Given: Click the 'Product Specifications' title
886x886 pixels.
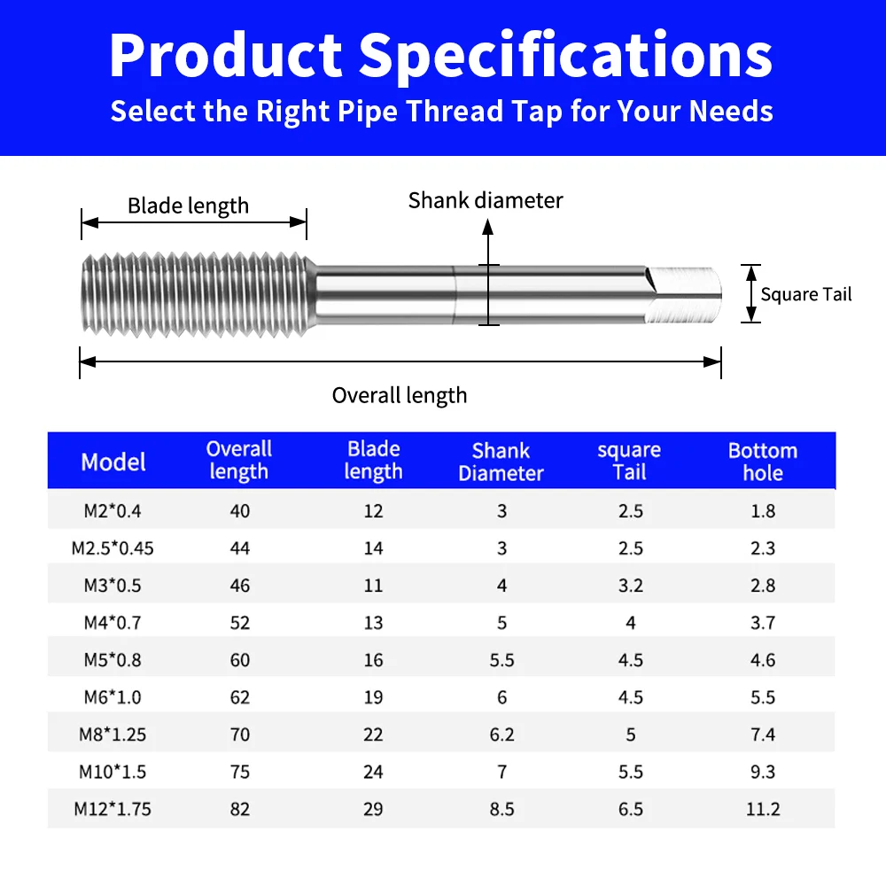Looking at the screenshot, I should tap(440, 54).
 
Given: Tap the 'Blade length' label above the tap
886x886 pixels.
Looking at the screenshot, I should tap(188, 206).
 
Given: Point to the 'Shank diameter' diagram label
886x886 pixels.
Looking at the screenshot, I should tap(486, 200).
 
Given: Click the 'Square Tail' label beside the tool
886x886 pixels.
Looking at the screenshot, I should tap(805, 294).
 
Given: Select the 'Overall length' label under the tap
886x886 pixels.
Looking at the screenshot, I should tap(400, 395).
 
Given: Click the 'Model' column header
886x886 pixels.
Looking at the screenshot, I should tap(113, 462).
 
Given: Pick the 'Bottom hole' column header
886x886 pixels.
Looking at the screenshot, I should tap(762, 462).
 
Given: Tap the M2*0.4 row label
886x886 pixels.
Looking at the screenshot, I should tap(113, 510).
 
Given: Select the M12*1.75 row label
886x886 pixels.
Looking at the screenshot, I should tap(113, 809).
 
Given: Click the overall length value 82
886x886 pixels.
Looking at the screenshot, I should tap(239, 809).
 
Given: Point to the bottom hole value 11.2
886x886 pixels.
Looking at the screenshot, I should tap(762, 809).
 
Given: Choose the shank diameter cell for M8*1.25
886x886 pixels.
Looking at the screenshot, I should tap(501, 734).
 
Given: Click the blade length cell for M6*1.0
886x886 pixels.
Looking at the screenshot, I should tap(373, 697).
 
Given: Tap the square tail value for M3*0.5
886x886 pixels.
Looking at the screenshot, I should tap(630, 586).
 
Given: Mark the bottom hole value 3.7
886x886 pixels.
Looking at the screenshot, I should tap(762, 623).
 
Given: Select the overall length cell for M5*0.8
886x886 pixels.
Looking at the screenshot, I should tap(239, 660).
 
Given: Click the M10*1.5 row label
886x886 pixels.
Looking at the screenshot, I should tap(113, 772).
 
